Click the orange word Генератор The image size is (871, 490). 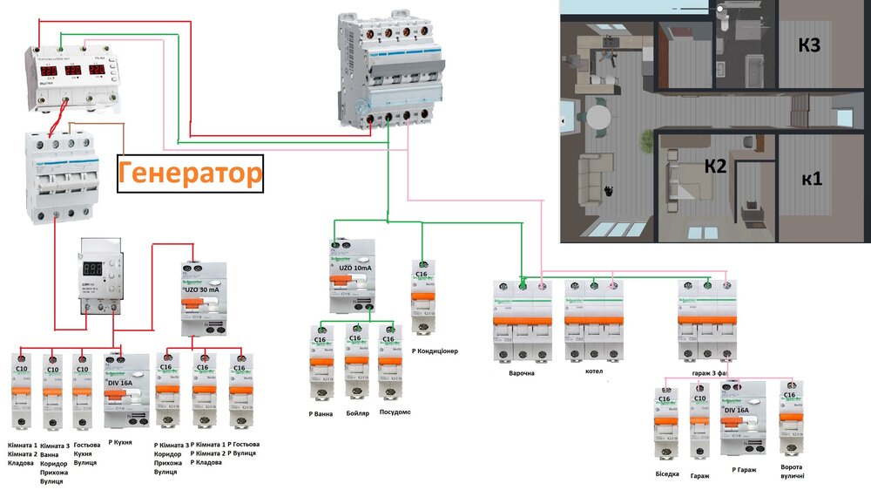point(190,173)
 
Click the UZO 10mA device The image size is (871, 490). point(352,277)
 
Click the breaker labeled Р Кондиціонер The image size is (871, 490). point(422,296)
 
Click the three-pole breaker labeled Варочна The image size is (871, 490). point(523,321)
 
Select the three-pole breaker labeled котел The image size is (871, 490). point(594,321)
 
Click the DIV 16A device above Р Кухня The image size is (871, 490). point(126,390)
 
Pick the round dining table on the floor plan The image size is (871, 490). point(597,116)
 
